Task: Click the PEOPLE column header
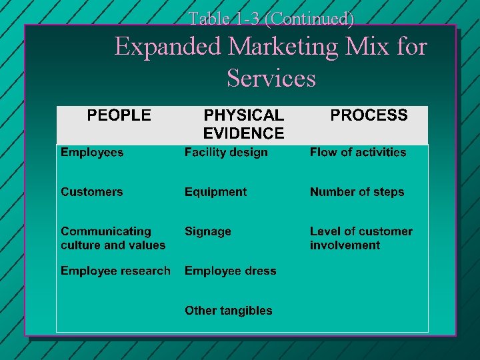pyautogui.click(x=119, y=115)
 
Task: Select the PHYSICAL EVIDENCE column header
pyautogui.click(x=243, y=124)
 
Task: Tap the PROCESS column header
pyautogui.click(x=369, y=115)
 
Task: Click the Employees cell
pyautogui.click(x=92, y=153)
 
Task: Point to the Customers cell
pyautogui.click(x=92, y=192)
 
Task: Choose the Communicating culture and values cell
pyautogui.click(x=113, y=238)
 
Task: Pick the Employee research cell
pyautogui.click(x=115, y=271)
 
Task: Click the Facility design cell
pyautogui.click(x=226, y=153)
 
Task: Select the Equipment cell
pyautogui.click(x=215, y=192)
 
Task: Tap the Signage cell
pyautogui.click(x=208, y=231)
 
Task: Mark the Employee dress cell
pyautogui.click(x=230, y=271)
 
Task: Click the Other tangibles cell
pyautogui.click(x=228, y=310)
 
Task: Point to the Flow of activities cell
pyautogui.click(x=357, y=153)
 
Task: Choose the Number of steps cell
pyautogui.click(x=357, y=192)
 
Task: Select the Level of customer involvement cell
pyautogui.click(x=361, y=238)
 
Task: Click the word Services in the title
pyautogui.click(x=271, y=79)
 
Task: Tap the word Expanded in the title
pyautogui.click(x=167, y=47)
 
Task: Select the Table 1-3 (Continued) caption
pyautogui.click(x=271, y=19)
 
